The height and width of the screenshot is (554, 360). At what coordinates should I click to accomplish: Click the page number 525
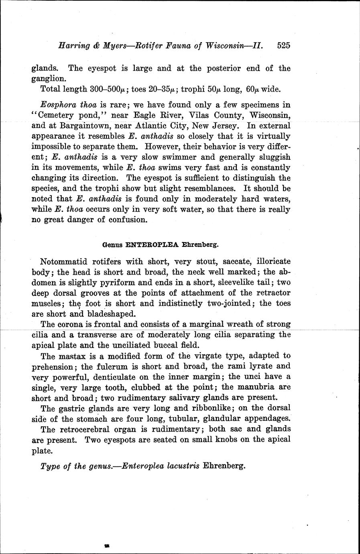283,45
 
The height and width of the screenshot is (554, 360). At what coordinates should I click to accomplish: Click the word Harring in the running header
71,45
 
